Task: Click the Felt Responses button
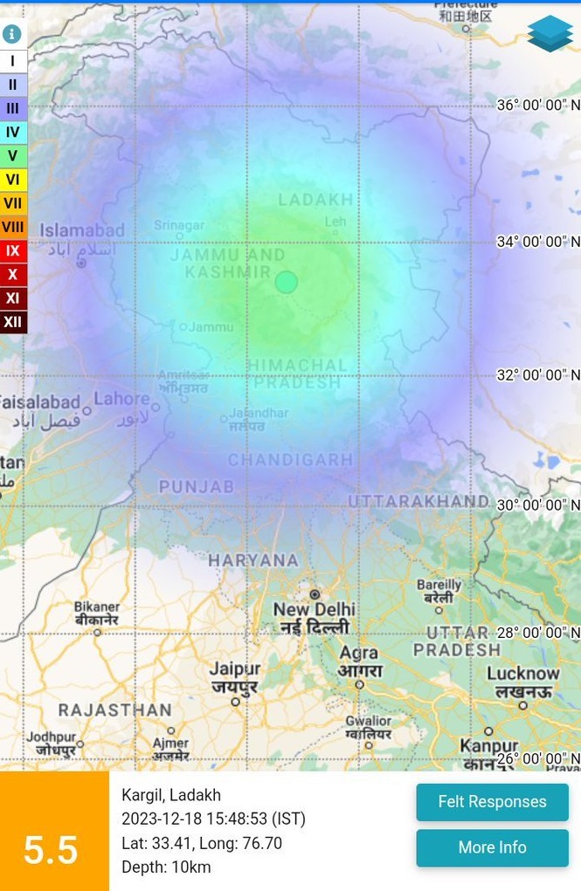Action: (x=492, y=802)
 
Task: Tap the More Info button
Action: (x=492, y=847)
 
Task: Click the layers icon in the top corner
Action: (x=550, y=33)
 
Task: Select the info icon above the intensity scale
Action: (x=12, y=34)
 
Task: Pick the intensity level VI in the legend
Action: (x=13, y=180)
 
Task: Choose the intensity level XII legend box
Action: (x=13, y=322)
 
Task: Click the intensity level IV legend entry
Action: (x=13, y=133)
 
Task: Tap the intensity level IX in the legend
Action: (x=13, y=251)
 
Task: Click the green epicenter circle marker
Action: (x=287, y=282)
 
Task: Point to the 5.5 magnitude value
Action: (x=51, y=850)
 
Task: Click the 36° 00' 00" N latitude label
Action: (x=538, y=106)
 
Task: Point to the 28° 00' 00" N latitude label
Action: (x=538, y=633)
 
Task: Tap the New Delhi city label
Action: (x=314, y=609)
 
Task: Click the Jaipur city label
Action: (x=235, y=669)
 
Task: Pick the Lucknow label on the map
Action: (x=523, y=674)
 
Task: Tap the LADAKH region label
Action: (x=315, y=201)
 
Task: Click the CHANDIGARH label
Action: (x=290, y=460)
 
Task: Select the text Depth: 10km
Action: (x=166, y=867)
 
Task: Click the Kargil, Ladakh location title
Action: (x=171, y=795)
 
